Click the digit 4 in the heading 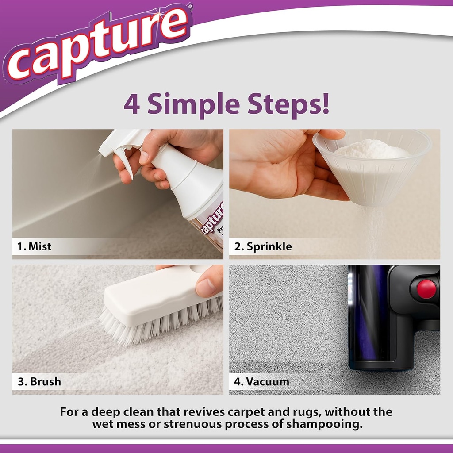click(x=132, y=104)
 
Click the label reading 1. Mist click(x=35, y=246)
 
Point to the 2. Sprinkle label click(x=263, y=246)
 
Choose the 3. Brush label click(x=39, y=381)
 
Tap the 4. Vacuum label click(x=262, y=381)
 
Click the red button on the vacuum click(x=426, y=288)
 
